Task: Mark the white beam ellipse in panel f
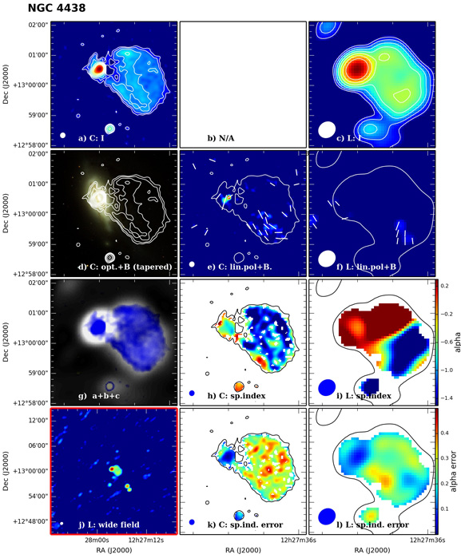326,258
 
